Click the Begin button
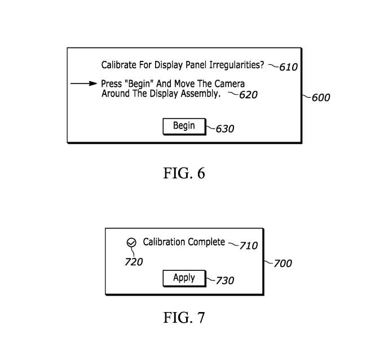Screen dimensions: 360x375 183,126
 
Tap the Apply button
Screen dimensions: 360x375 184,278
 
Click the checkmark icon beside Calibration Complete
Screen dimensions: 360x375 131,243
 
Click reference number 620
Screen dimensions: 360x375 248,95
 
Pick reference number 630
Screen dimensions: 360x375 224,129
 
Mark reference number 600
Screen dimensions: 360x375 320,98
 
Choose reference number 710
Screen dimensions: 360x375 248,245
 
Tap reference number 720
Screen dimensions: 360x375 134,262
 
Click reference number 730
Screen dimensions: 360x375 224,280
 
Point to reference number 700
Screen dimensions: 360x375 282,264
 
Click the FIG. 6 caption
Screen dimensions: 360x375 184,173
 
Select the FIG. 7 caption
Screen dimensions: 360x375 184,318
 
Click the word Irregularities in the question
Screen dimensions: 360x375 236,65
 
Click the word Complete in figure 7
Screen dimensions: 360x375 205,242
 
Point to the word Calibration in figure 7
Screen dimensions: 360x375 164,242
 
